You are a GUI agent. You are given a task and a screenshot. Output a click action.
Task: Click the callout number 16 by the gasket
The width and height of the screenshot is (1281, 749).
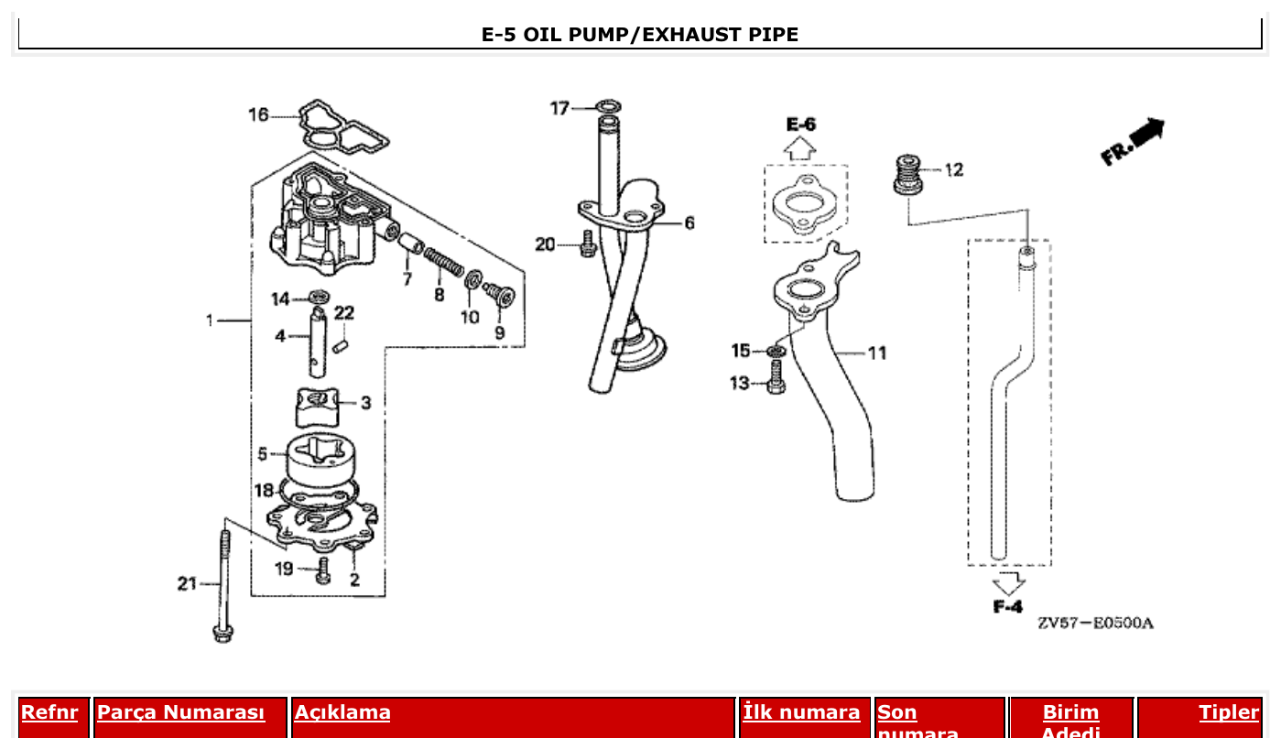point(259,114)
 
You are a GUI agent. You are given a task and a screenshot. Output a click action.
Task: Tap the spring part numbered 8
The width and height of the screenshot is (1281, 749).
point(444,262)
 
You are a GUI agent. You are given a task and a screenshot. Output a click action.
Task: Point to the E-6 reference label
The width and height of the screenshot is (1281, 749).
point(800,124)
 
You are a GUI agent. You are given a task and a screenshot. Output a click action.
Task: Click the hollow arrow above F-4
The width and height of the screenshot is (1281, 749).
point(1009,582)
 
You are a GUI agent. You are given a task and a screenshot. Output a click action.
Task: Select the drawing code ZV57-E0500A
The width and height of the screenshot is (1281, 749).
point(1095,624)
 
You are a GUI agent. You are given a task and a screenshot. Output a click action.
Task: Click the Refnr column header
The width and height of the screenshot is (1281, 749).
point(49,712)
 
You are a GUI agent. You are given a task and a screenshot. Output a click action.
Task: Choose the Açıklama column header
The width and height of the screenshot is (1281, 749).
point(342,712)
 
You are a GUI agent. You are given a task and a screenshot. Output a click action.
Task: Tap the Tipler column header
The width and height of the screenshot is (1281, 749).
point(1229,712)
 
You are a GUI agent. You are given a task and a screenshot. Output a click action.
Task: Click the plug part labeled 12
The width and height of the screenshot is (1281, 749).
point(907,173)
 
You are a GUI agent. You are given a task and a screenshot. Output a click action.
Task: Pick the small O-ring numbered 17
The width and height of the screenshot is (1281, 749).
point(606,107)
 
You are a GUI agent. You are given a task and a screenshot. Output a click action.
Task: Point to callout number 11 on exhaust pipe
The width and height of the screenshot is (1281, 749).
point(877,353)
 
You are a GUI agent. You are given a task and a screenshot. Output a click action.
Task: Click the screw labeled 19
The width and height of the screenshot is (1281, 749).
point(322,571)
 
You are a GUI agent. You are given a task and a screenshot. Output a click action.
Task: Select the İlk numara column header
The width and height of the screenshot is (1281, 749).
point(801,712)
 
